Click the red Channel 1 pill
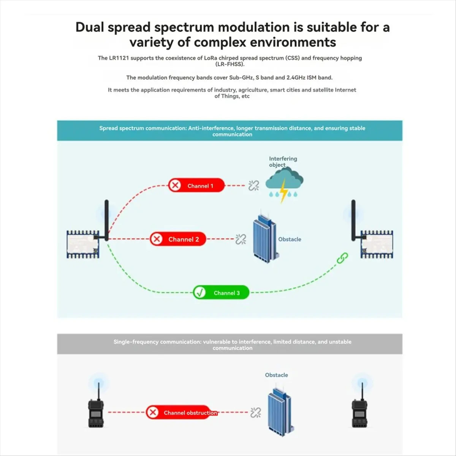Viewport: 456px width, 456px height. coord(196,185)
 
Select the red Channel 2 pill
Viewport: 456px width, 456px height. coord(178,239)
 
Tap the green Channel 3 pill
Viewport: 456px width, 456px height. coord(221,293)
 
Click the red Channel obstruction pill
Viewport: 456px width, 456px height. coord(182,412)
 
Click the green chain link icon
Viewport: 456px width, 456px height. coord(342,258)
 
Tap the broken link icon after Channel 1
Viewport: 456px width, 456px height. coord(253,185)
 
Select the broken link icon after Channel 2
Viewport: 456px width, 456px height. coord(241,239)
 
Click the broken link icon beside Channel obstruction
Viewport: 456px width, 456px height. coord(256,412)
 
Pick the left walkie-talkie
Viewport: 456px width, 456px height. coord(96,407)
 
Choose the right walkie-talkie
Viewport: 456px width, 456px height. coord(360,407)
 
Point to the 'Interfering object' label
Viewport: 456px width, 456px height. coord(283,161)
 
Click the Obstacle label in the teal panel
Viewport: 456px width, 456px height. coord(290,239)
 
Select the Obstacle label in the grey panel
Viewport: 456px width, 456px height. coord(276,375)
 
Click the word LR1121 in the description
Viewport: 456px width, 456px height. coord(119,58)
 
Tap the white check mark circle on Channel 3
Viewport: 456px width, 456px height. coord(200,293)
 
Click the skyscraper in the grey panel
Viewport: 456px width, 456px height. coord(281,412)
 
